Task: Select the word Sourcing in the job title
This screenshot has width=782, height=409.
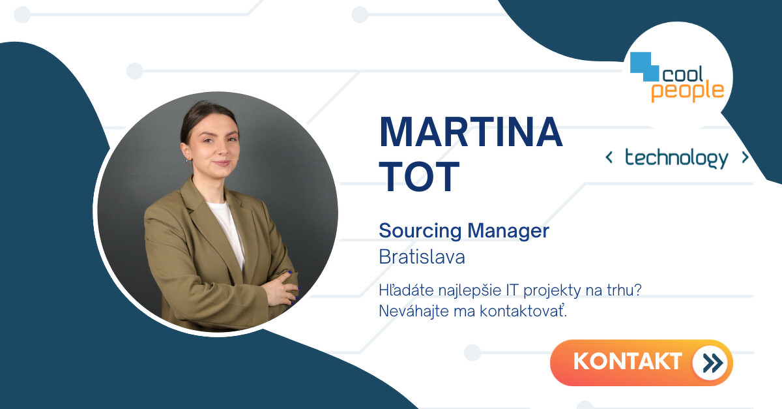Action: point(420,231)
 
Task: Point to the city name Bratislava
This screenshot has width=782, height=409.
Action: point(422,257)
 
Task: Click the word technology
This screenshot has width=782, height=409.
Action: point(676,159)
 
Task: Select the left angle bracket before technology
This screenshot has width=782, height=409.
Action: point(609,158)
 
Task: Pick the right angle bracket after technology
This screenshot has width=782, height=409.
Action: point(745,158)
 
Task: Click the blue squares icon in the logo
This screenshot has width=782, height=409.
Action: point(644,67)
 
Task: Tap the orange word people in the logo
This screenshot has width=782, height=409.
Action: point(688,91)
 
